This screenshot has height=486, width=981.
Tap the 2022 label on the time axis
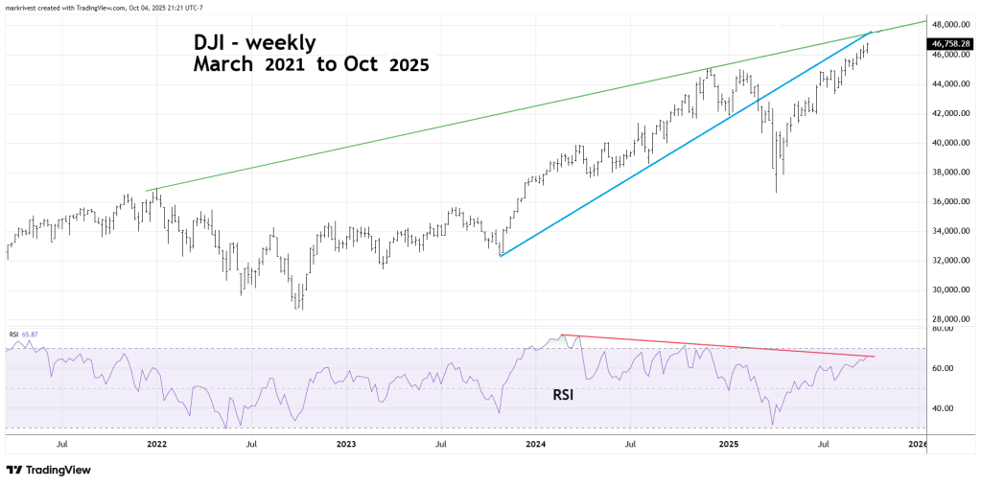coord(156,445)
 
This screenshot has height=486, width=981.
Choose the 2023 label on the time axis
coord(346,445)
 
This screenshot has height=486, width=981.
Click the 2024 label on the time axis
coord(536,445)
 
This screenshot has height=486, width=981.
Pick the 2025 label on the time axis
coord(728,445)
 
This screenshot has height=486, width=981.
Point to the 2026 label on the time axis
coord(918,445)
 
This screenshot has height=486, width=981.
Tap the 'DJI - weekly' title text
coord(250,43)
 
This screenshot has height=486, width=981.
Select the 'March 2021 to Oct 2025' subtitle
coord(310,66)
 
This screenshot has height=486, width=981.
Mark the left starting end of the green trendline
coord(147,190)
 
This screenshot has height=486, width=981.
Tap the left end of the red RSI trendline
coord(562,335)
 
